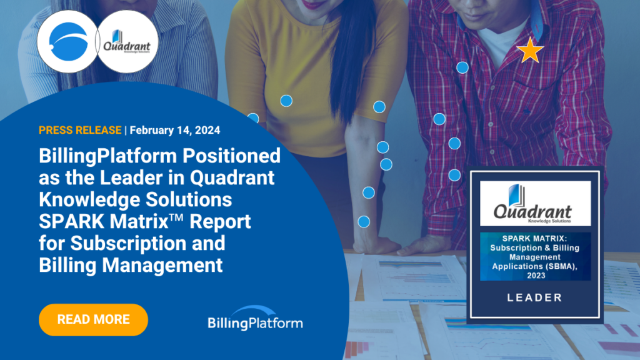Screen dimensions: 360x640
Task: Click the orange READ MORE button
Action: click(x=93, y=319)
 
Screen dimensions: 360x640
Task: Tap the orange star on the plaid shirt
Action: click(x=531, y=50)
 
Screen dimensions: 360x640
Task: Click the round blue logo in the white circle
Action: click(x=66, y=42)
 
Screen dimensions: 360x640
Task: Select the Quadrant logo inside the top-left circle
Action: click(x=127, y=42)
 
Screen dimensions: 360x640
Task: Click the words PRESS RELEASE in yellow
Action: click(x=80, y=130)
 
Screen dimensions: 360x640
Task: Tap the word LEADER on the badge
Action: click(x=535, y=297)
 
